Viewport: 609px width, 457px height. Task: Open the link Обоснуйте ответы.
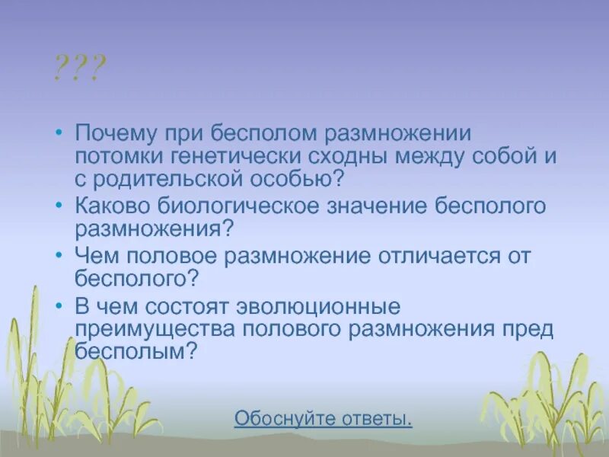tap(324, 419)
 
